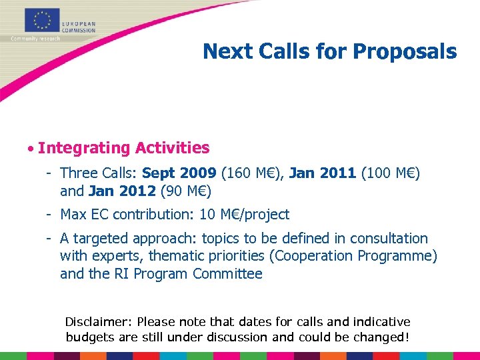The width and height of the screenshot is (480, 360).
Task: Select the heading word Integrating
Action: coord(83,148)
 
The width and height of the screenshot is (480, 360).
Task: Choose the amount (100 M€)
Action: coord(391,173)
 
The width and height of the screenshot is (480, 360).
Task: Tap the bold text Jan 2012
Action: coord(122,191)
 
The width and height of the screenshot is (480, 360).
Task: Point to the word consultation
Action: coord(389,239)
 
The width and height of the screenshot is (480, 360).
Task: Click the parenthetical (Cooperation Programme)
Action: coord(345,256)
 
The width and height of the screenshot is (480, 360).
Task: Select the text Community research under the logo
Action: coord(35,39)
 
